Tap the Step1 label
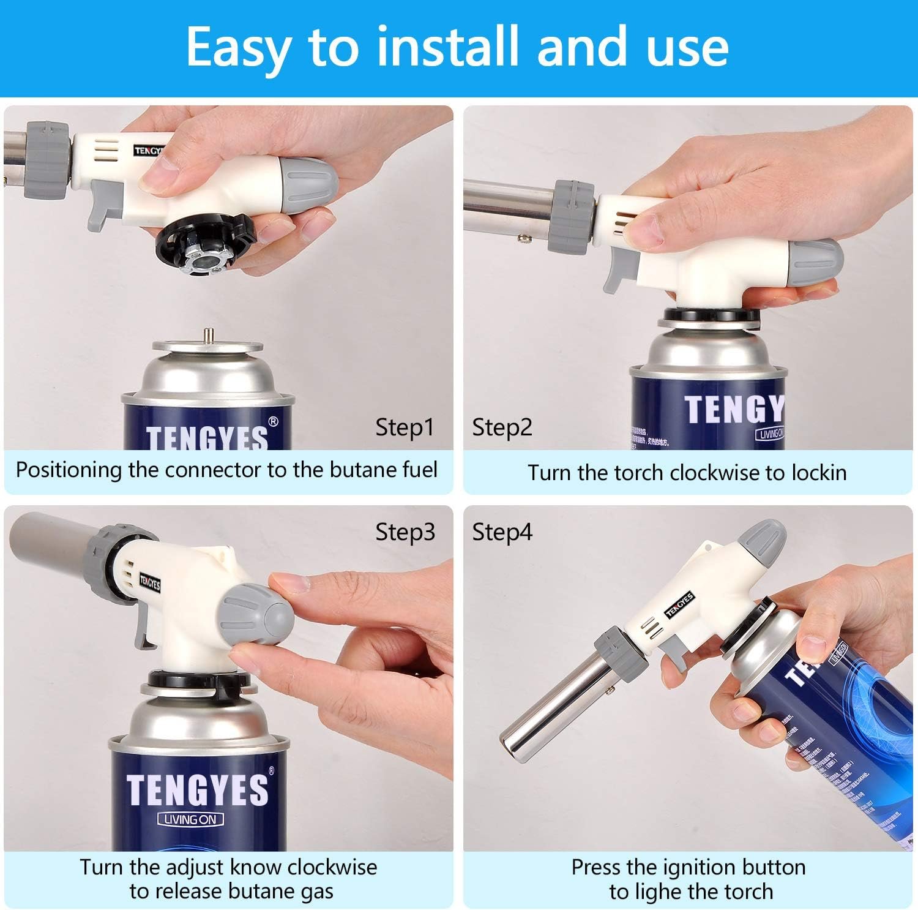405,427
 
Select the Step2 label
502,427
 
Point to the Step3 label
405,532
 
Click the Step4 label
502,532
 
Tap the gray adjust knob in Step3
257,615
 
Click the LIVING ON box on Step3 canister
190,819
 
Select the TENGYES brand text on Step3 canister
197,789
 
